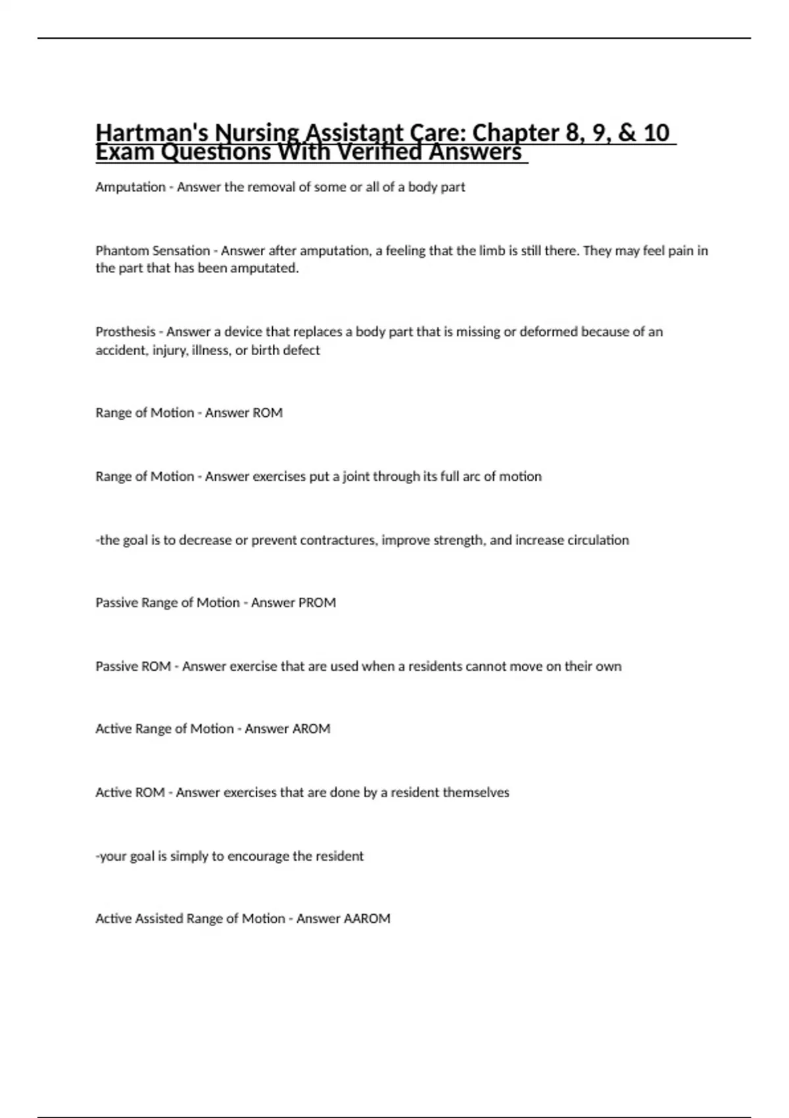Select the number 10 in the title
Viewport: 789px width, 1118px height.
coord(656,133)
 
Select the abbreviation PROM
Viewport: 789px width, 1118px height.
coord(317,602)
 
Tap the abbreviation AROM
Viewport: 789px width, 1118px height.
coord(309,729)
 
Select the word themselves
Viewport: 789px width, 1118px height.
coord(476,792)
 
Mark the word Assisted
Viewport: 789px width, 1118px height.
coord(159,918)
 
